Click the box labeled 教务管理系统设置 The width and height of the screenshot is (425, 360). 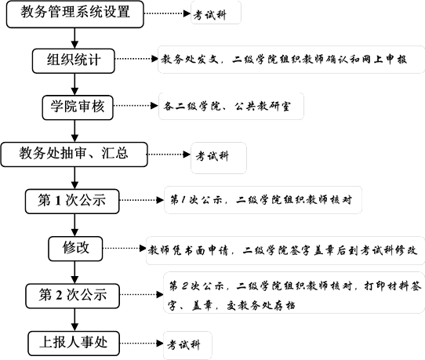click(74, 14)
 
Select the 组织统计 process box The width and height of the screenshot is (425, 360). click(74, 60)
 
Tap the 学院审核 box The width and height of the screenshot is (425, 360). click(78, 107)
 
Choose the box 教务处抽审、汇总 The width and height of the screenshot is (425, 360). click(74, 155)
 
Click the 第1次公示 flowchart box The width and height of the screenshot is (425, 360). click(72, 201)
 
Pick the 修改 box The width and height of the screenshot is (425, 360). click(75, 249)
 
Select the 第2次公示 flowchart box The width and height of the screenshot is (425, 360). click(73, 296)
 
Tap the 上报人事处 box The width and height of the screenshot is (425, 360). click(74, 344)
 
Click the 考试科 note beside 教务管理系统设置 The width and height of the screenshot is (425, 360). click(216, 13)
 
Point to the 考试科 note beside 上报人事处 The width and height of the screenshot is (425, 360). click(187, 345)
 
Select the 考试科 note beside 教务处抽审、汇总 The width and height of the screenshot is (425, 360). click(219, 158)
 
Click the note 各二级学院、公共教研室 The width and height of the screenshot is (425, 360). click(231, 106)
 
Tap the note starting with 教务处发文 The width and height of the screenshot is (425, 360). click(292, 60)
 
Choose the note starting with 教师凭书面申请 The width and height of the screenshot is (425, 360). click(285, 250)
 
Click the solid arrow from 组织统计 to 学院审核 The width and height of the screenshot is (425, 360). click(74, 84)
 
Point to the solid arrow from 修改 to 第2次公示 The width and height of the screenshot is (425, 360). click(74, 272)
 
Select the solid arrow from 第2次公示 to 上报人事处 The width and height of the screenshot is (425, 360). click(74, 320)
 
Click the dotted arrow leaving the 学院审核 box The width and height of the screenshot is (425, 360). click(136, 106)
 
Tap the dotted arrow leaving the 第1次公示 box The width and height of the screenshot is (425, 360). click(142, 200)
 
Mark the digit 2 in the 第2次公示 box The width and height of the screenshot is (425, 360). click(59, 296)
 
